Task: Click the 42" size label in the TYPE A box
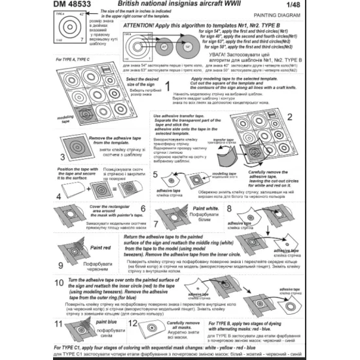tap(44, 13)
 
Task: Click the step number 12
tap(134, 325)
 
